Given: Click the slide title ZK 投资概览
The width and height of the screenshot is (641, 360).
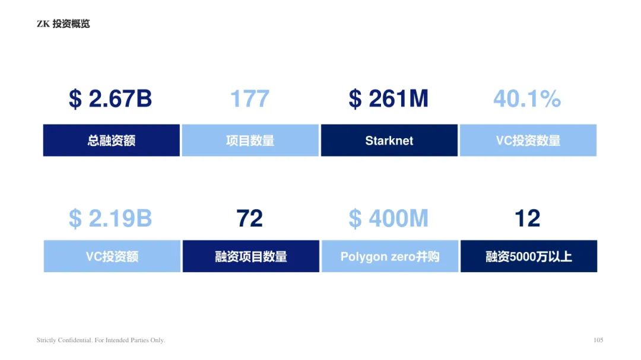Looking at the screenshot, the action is point(63,24).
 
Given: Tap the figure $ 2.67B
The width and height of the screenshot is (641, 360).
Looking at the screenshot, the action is point(110,99).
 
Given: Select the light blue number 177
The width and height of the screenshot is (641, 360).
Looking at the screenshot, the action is point(250,98).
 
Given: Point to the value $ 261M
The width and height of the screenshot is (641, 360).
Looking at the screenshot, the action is point(388,99).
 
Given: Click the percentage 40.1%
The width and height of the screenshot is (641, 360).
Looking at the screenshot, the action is point(527,98).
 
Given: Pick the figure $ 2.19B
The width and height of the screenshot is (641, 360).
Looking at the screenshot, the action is point(110,218).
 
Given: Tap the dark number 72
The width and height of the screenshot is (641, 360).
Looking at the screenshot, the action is point(249,218).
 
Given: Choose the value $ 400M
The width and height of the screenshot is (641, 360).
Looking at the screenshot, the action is point(388,218).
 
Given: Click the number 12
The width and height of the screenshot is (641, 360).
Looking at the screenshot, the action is point(528,218).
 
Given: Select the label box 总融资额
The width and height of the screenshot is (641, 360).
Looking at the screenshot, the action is point(111,140).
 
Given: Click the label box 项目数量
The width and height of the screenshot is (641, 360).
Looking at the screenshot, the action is point(250,140).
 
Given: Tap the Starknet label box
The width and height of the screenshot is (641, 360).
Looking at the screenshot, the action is point(389,140).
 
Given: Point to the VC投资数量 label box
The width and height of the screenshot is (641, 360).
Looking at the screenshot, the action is point(528,140).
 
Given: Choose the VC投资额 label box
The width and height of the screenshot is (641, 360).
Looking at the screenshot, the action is point(112,256).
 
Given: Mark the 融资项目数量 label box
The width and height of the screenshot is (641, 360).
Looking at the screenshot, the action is point(251,256).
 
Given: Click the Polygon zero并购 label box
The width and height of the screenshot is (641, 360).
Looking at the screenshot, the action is point(390,256).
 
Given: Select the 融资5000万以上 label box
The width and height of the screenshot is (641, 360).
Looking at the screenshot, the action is point(529,256).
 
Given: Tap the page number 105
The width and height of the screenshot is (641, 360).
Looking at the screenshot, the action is point(598,340).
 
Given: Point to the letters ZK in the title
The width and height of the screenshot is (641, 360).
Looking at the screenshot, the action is point(43,24).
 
